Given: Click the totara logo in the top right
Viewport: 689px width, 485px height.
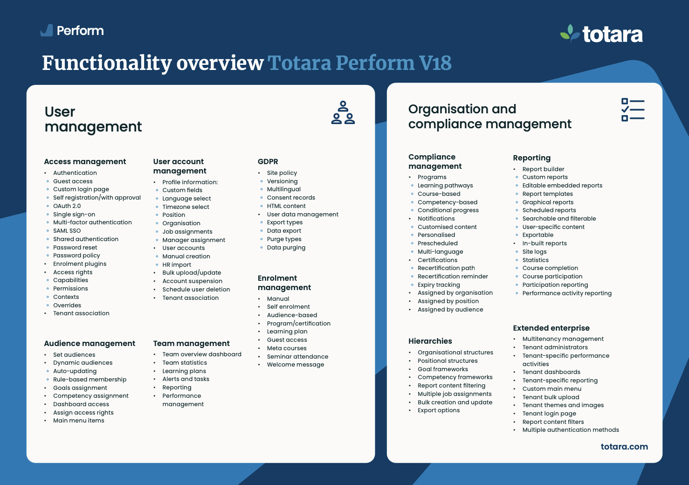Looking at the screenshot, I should click(602, 34).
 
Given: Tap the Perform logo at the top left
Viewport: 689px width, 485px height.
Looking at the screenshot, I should click(72, 31).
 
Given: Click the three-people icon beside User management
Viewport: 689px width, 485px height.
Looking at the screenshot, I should click(343, 112).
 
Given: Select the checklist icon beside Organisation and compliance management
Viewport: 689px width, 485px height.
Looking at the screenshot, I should click(633, 110).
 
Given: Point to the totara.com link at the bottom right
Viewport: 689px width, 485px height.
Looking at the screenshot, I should click(624, 447).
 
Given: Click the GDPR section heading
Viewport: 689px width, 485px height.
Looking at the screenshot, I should click(268, 162).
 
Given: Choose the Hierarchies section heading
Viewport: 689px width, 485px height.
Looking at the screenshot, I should click(430, 341).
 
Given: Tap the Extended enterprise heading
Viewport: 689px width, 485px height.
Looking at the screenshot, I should click(551, 328).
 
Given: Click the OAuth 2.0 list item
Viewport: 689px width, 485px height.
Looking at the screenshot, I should click(67, 206).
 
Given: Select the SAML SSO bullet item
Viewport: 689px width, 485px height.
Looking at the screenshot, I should click(67, 231).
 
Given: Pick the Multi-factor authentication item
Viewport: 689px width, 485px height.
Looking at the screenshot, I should click(92, 222).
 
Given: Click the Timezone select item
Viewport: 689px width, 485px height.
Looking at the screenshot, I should click(186, 207).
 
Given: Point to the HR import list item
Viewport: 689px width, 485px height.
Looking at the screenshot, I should click(177, 265).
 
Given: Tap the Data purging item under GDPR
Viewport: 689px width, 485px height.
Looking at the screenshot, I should click(286, 248).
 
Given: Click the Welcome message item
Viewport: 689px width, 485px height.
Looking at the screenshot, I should click(296, 365).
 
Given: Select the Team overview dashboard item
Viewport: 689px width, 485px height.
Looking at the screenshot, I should click(202, 354).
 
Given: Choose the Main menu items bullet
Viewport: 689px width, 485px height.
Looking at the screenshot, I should click(79, 421).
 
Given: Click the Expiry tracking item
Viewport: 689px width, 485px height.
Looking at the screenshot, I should click(439, 285).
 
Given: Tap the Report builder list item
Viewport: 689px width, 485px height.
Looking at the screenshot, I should click(543, 169).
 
